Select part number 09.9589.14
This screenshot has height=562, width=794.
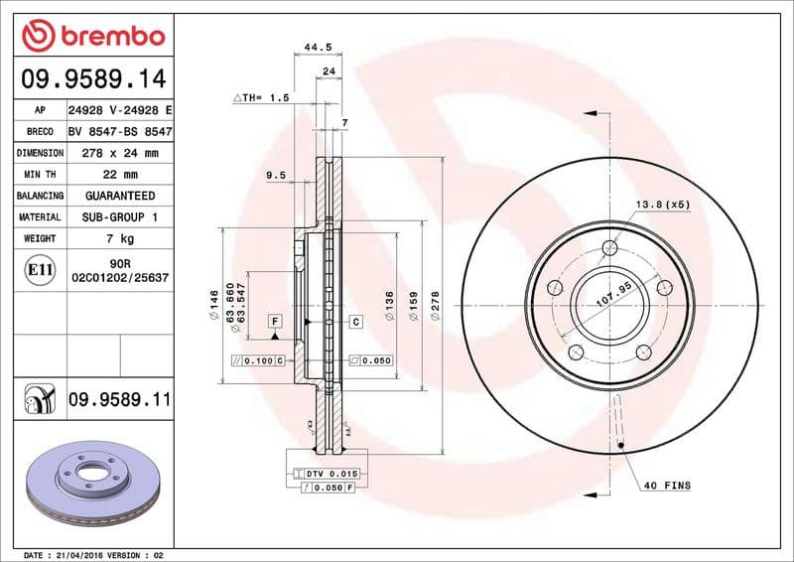(91, 77)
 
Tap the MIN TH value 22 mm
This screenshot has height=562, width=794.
(120, 175)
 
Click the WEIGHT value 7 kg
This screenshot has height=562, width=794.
(120, 238)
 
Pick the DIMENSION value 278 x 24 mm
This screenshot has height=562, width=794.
(120, 153)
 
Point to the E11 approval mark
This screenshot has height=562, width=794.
(41, 269)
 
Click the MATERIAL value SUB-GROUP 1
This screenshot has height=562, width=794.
(120, 216)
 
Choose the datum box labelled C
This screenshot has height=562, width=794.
(355, 322)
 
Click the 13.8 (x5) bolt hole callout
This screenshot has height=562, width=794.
(662, 204)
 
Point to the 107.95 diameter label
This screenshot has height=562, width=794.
(613, 294)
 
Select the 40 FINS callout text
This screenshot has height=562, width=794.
(667, 485)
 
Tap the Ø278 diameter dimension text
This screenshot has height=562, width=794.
(435, 305)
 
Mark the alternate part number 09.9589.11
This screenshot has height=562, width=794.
(120, 399)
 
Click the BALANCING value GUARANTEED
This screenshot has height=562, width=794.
(120, 196)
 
